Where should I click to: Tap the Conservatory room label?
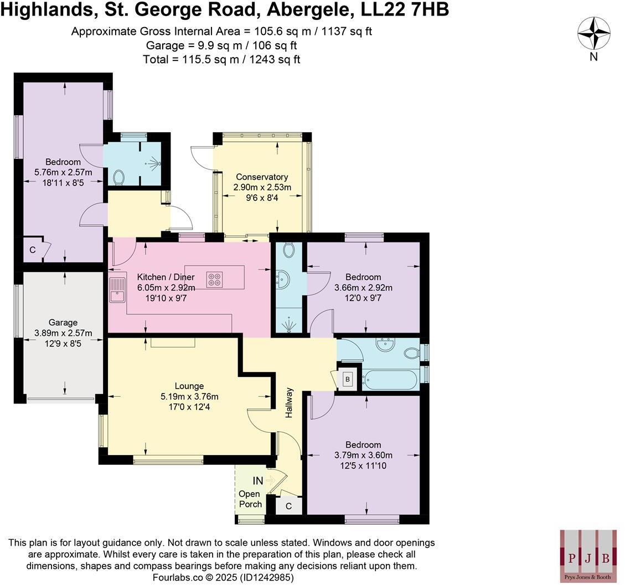pos(262,177)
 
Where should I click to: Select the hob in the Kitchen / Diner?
pos(214,279)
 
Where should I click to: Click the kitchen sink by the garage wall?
pos(117,289)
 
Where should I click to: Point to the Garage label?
pos(63,323)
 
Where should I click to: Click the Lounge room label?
pos(189,386)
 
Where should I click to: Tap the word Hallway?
pos(288,402)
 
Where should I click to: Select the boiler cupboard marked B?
pos(348,379)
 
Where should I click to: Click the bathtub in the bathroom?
pos(390,380)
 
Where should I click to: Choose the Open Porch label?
pos(250,499)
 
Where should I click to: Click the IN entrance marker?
pos(258,481)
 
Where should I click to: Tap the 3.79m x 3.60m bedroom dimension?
pos(363,455)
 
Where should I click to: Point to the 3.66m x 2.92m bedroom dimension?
pos(363,288)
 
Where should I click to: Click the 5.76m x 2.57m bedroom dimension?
pos(63,173)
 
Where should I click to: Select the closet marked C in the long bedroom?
pos(33,250)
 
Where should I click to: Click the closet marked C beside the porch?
pos(288,506)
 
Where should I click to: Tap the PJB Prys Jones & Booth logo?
pos(588,555)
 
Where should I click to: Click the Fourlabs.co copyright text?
pos(223,577)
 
